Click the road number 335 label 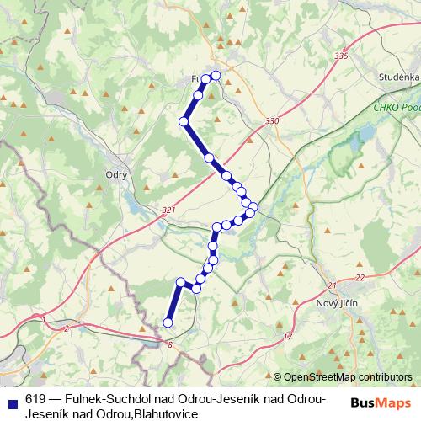339,56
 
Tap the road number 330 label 271,121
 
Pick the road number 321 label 168,210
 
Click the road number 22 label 360,277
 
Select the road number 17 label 288,337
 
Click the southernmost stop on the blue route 168,322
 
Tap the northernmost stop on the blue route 215,76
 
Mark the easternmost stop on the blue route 253,206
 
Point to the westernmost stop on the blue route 168,322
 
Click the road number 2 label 66,328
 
